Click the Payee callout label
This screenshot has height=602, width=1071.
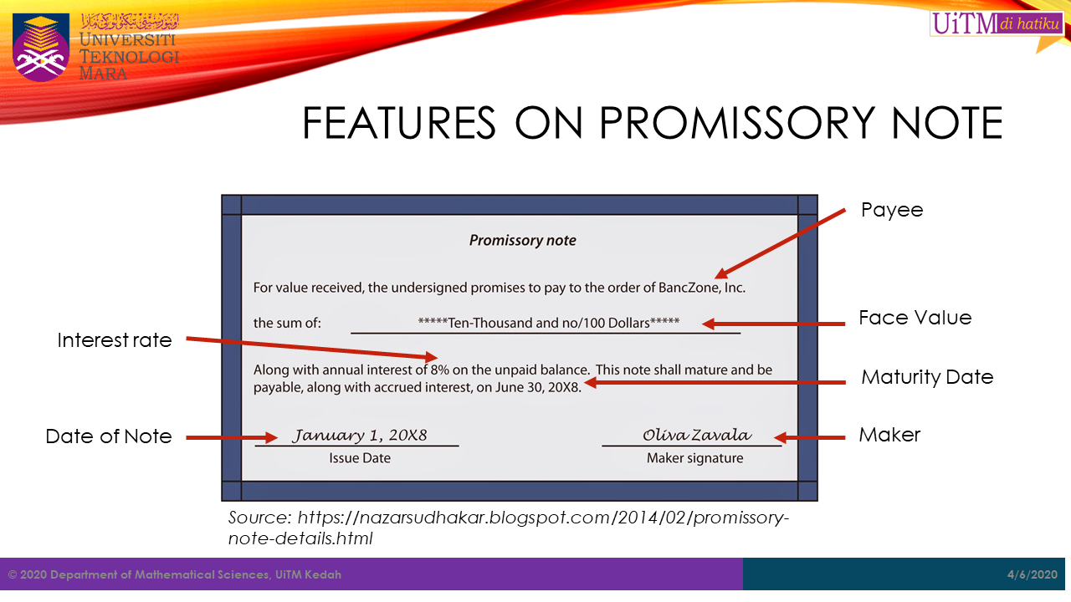pyautogui.click(x=892, y=211)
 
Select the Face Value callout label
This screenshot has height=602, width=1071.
pyautogui.click(x=915, y=318)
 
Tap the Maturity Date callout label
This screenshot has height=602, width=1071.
pyautogui.click(x=927, y=377)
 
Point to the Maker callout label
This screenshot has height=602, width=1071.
pyautogui.click(x=889, y=435)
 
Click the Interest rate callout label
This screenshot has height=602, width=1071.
pyautogui.click(x=115, y=340)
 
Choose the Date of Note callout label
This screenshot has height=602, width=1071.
pyautogui.click(x=109, y=436)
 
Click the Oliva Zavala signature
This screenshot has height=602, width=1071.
pyautogui.click(x=697, y=435)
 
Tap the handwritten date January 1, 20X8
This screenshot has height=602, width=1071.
pyautogui.click(x=360, y=436)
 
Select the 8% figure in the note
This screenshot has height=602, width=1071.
pyautogui.click(x=440, y=370)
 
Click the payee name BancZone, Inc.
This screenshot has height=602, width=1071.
pyautogui.click(x=702, y=288)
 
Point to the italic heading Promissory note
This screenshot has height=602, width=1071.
pyautogui.click(x=523, y=240)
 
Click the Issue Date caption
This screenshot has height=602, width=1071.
pyautogui.click(x=360, y=458)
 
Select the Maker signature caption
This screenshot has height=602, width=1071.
pyautogui.click(x=694, y=458)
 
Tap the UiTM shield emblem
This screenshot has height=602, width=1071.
pyautogui.click(x=41, y=47)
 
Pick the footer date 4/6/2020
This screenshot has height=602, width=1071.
pyautogui.click(x=1033, y=574)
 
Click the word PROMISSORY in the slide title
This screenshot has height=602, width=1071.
pyautogui.click(x=737, y=123)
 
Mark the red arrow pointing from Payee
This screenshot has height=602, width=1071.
pyautogui.click(x=781, y=243)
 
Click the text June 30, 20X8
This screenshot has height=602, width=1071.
pyautogui.click(x=537, y=387)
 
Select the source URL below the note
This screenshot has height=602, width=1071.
pyautogui.click(x=508, y=528)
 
